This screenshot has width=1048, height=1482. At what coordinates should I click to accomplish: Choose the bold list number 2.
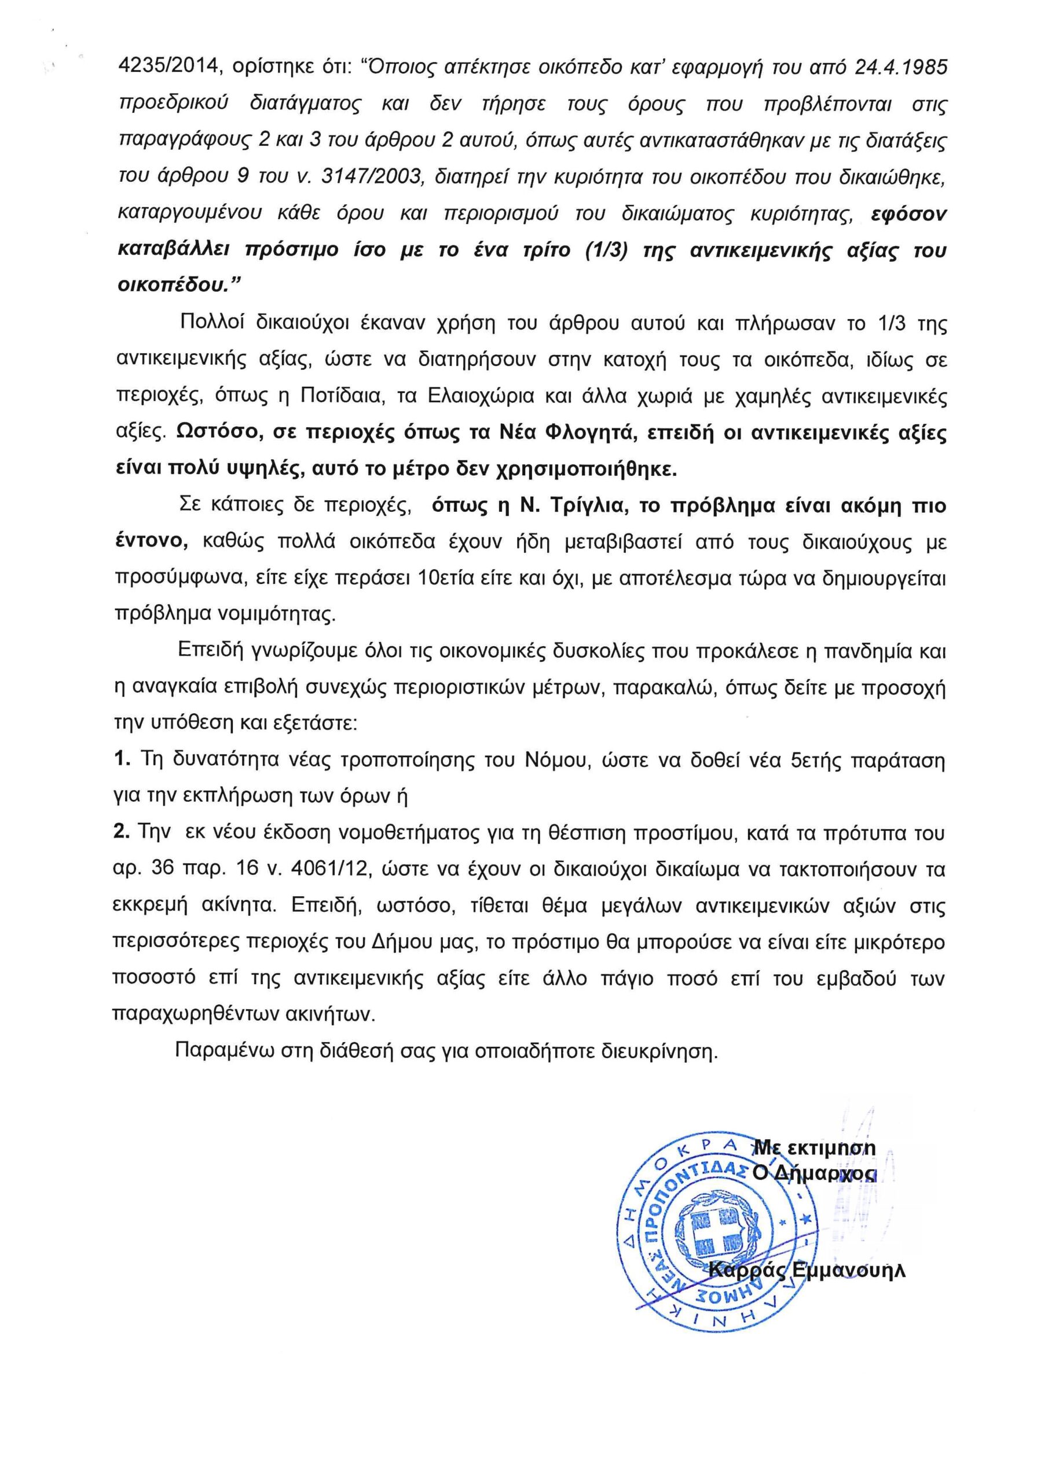(x=122, y=833)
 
